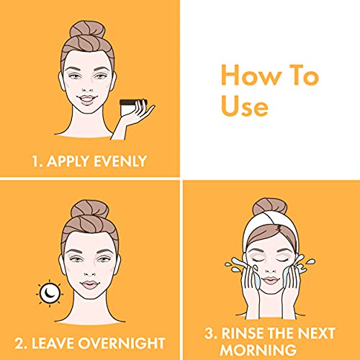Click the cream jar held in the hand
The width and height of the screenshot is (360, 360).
pos(131,107)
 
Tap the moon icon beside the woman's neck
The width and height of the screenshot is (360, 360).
pos(50,293)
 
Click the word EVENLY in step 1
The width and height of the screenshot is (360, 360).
pos(120,161)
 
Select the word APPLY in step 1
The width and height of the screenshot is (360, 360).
pos(68,161)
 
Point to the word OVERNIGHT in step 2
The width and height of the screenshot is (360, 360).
pos(122,343)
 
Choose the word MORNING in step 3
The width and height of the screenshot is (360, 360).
pos(258,350)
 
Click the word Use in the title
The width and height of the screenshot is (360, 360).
pos(244,107)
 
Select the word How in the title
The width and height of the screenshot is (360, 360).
pos(251,75)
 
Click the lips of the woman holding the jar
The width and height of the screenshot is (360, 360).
pos(87,99)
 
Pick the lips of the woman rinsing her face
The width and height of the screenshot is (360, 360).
pos(270,280)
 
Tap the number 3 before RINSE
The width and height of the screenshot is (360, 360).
pos(210,333)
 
